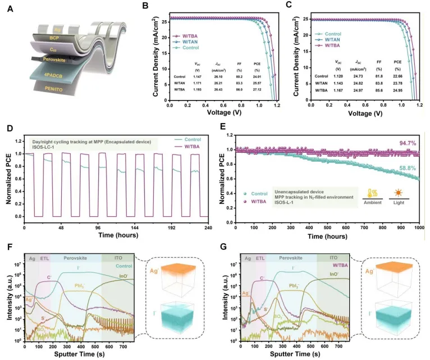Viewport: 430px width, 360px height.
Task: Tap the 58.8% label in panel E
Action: click(x=409, y=167)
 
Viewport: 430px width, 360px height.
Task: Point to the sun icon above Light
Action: click(x=396, y=192)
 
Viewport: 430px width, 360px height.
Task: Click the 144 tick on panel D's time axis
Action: click(x=98, y=229)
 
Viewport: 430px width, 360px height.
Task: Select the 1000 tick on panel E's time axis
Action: click(x=418, y=229)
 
